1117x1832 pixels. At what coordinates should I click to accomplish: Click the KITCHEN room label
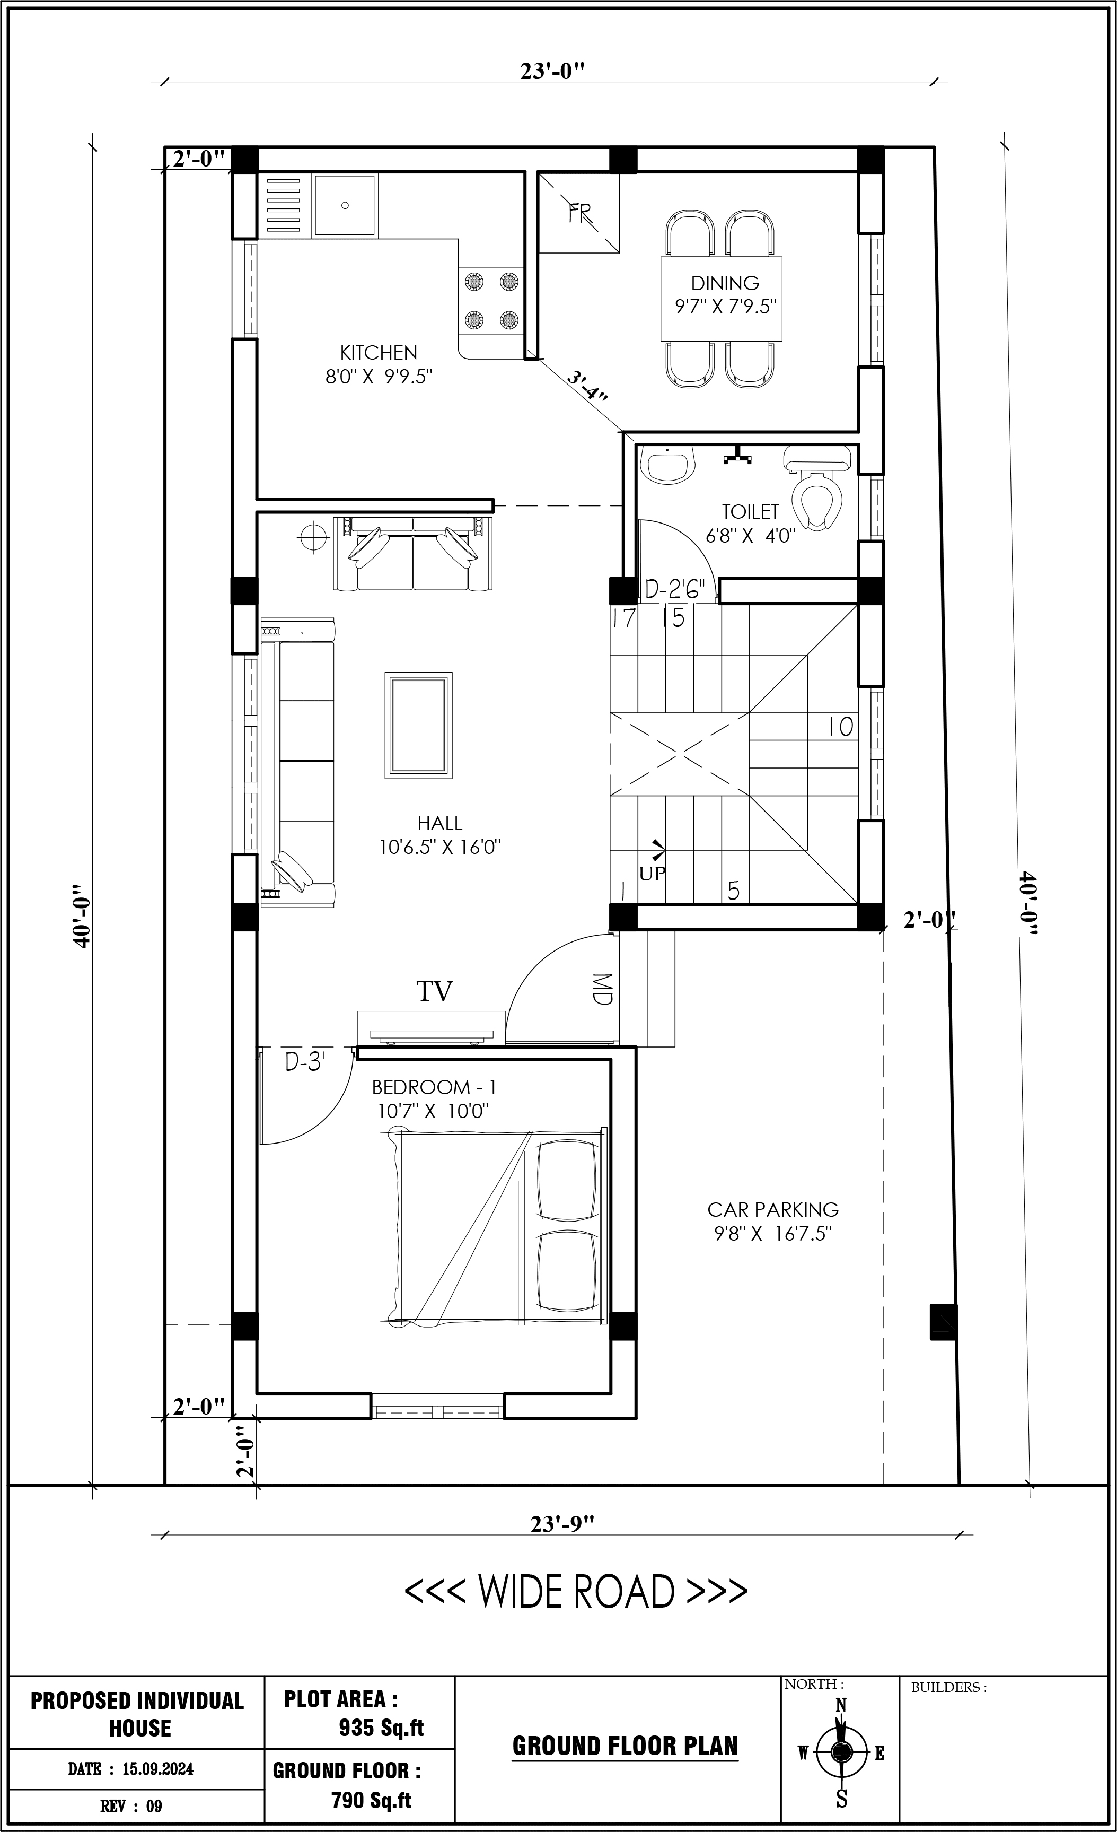coord(379,352)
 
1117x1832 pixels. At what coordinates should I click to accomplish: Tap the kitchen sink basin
coord(345,205)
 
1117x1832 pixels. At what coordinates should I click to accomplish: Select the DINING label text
coord(725,283)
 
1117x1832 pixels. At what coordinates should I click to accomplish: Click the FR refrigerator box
coord(579,213)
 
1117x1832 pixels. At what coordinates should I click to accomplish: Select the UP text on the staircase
coord(652,874)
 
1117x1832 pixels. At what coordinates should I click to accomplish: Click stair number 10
coord(841,727)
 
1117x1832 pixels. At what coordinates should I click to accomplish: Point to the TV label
coord(434,992)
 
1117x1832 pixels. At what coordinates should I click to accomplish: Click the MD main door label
coord(602,989)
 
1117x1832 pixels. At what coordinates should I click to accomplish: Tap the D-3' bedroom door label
coord(305,1062)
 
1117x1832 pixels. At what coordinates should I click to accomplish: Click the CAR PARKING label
coord(773,1210)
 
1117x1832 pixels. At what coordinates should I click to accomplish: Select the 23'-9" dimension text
coord(562,1524)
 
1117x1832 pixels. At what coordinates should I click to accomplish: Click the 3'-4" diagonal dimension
coord(587,387)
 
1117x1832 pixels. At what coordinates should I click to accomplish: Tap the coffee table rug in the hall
coord(418,725)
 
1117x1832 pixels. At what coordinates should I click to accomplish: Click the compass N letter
coord(841,1705)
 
